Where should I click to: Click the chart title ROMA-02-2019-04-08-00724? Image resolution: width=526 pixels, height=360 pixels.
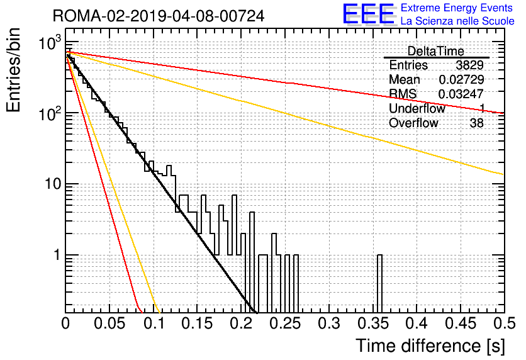click(x=159, y=16)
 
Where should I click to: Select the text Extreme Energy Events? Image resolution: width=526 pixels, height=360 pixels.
click(x=457, y=8)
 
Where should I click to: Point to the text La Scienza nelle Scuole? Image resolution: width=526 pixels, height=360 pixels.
click(x=457, y=21)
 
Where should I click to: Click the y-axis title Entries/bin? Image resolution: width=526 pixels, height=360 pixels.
click(x=13, y=70)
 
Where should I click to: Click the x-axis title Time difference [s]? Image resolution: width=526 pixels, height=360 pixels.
click(x=430, y=346)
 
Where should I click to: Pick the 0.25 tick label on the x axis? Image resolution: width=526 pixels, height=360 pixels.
click(x=285, y=323)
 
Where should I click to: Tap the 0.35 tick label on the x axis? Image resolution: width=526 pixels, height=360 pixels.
click(x=373, y=323)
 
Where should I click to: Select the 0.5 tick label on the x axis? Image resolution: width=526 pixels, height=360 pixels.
click(x=505, y=323)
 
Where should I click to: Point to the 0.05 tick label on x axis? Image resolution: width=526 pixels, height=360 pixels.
click(x=109, y=323)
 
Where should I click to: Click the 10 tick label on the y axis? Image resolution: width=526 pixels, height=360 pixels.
click(x=53, y=184)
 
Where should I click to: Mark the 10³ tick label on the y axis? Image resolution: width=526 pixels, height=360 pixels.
click(x=50, y=42)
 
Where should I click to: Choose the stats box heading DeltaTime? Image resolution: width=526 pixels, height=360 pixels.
click(x=436, y=51)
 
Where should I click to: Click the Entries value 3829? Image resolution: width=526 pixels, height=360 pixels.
click(x=469, y=65)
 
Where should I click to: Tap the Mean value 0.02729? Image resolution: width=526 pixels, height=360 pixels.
click(x=461, y=79)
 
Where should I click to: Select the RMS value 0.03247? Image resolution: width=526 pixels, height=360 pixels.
click(x=461, y=94)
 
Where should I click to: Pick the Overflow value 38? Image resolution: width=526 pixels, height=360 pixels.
click(x=477, y=123)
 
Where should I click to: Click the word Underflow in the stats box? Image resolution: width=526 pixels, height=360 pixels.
click(x=417, y=108)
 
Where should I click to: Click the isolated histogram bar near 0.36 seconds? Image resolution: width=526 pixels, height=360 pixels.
click(x=379, y=284)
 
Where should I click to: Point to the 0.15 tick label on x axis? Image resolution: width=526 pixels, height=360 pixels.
click(x=197, y=323)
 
